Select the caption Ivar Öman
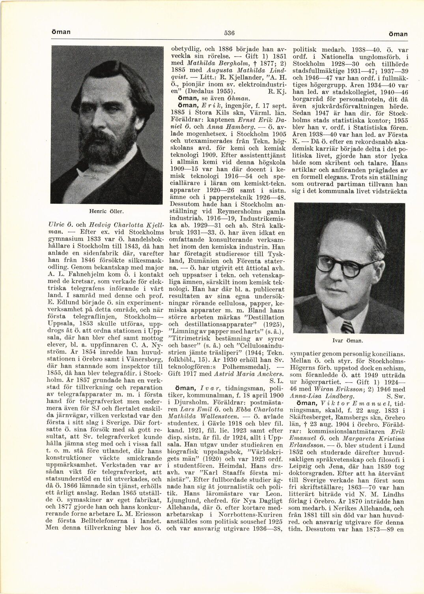[x=348, y=340]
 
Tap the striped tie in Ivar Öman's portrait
[x=347, y=326]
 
